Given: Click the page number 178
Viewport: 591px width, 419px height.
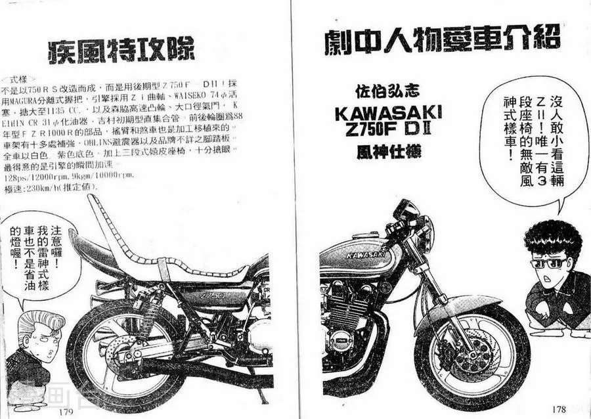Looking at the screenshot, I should click(x=559, y=408).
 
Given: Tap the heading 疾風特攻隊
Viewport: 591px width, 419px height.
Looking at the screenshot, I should click(x=122, y=51).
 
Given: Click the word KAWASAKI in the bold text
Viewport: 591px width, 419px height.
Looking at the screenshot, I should click(x=387, y=112).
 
